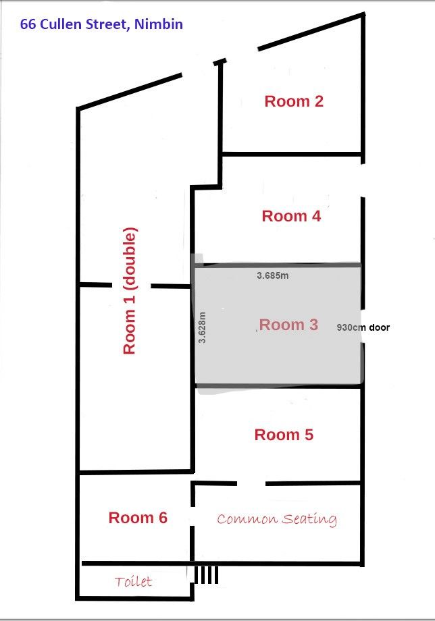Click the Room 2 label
pos(294,101)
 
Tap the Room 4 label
pos(291,216)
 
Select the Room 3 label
pos(288,325)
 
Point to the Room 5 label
pos(284,435)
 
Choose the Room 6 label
pos(138,518)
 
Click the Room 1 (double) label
pos(130,291)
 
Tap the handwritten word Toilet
pos(133,581)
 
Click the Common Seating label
pos(277,519)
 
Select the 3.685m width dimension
pos(273,275)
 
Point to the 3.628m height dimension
pos(202,327)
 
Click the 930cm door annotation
pos(363,327)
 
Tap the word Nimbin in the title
pos(159,24)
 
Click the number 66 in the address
pos(28,24)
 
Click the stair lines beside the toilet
pos(206,574)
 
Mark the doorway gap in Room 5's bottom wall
pos(251,483)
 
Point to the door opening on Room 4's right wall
pos(362,180)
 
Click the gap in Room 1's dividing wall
pos(132,285)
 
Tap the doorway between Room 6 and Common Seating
pos(193,516)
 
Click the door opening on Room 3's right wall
pos(362,326)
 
